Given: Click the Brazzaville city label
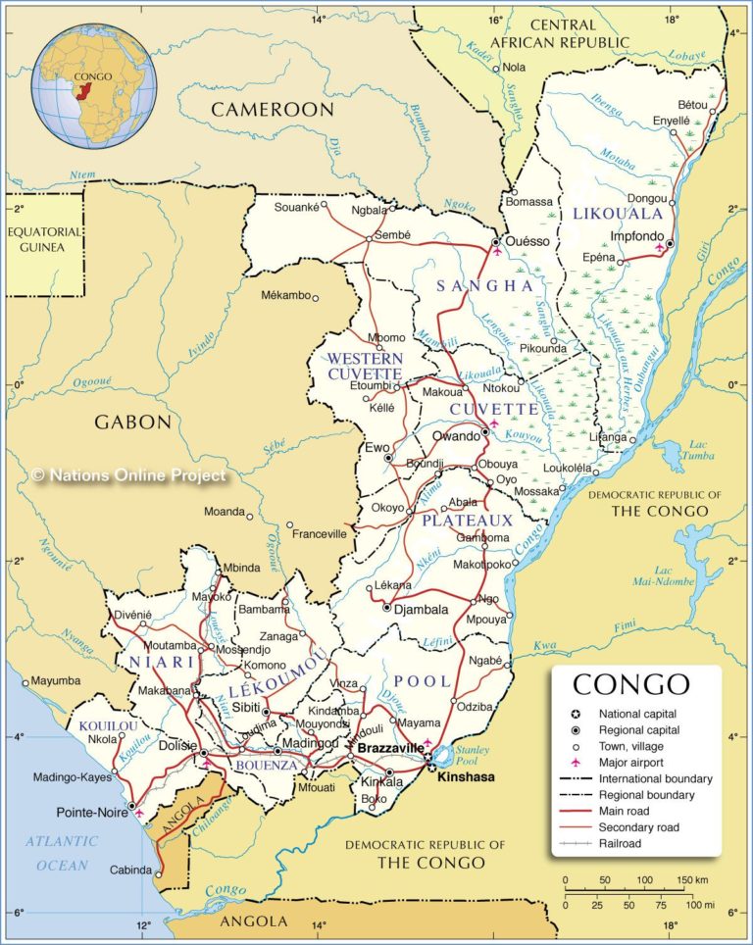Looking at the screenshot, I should point(390,748).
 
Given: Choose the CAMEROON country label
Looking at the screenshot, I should point(273,109).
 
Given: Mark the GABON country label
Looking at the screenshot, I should point(132,423).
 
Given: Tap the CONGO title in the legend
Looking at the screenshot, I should point(630,684).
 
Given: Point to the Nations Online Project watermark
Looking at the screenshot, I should point(128,475).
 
